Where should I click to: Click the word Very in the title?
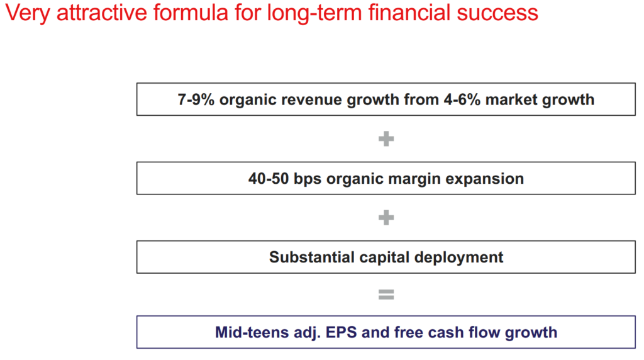click(x=28, y=13)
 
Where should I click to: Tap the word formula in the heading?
click(x=191, y=13)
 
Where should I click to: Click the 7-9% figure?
click(x=196, y=99)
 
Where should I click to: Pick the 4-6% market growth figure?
click(x=462, y=99)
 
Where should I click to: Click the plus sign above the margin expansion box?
click(x=386, y=139)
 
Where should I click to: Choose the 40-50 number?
click(x=268, y=179)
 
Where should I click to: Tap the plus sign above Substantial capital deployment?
click(x=386, y=218)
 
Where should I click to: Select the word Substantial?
click(x=312, y=257)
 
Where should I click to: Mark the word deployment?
click(x=458, y=258)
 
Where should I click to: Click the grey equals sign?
click(x=386, y=295)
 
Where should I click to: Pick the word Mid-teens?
click(x=252, y=332)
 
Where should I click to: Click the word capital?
click(x=384, y=258)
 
